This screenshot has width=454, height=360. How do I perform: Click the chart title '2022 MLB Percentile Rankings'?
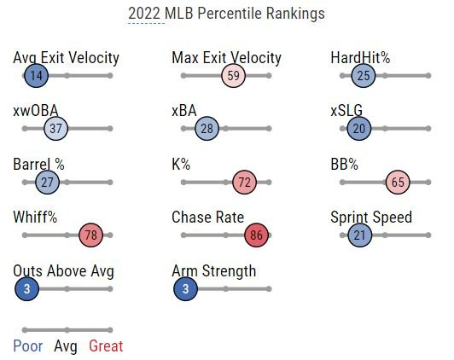pyautogui.click(x=226, y=15)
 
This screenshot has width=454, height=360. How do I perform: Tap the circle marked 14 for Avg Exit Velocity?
pyautogui.click(x=36, y=76)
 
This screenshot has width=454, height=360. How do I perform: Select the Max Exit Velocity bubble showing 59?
pyautogui.click(x=234, y=76)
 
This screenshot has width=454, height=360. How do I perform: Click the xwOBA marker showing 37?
pyautogui.click(x=55, y=129)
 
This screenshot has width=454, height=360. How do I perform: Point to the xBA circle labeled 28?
pyautogui.click(x=207, y=129)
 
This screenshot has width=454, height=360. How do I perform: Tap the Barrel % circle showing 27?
pyautogui.click(x=47, y=183)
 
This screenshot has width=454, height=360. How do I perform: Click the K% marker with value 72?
pyautogui.click(x=245, y=183)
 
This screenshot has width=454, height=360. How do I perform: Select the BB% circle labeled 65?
pyautogui.click(x=398, y=183)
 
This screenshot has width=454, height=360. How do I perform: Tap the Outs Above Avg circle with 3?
pyautogui.click(x=27, y=289)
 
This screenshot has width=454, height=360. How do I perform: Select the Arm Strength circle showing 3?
pyautogui.click(x=186, y=289)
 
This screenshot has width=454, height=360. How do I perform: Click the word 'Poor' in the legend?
pyautogui.click(x=27, y=345)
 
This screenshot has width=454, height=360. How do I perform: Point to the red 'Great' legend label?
pyautogui.click(x=106, y=345)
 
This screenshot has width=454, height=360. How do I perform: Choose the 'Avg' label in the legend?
pyautogui.click(x=65, y=345)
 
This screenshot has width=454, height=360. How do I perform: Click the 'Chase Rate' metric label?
pyautogui.click(x=207, y=218)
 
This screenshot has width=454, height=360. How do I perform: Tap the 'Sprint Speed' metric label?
pyautogui.click(x=371, y=218)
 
